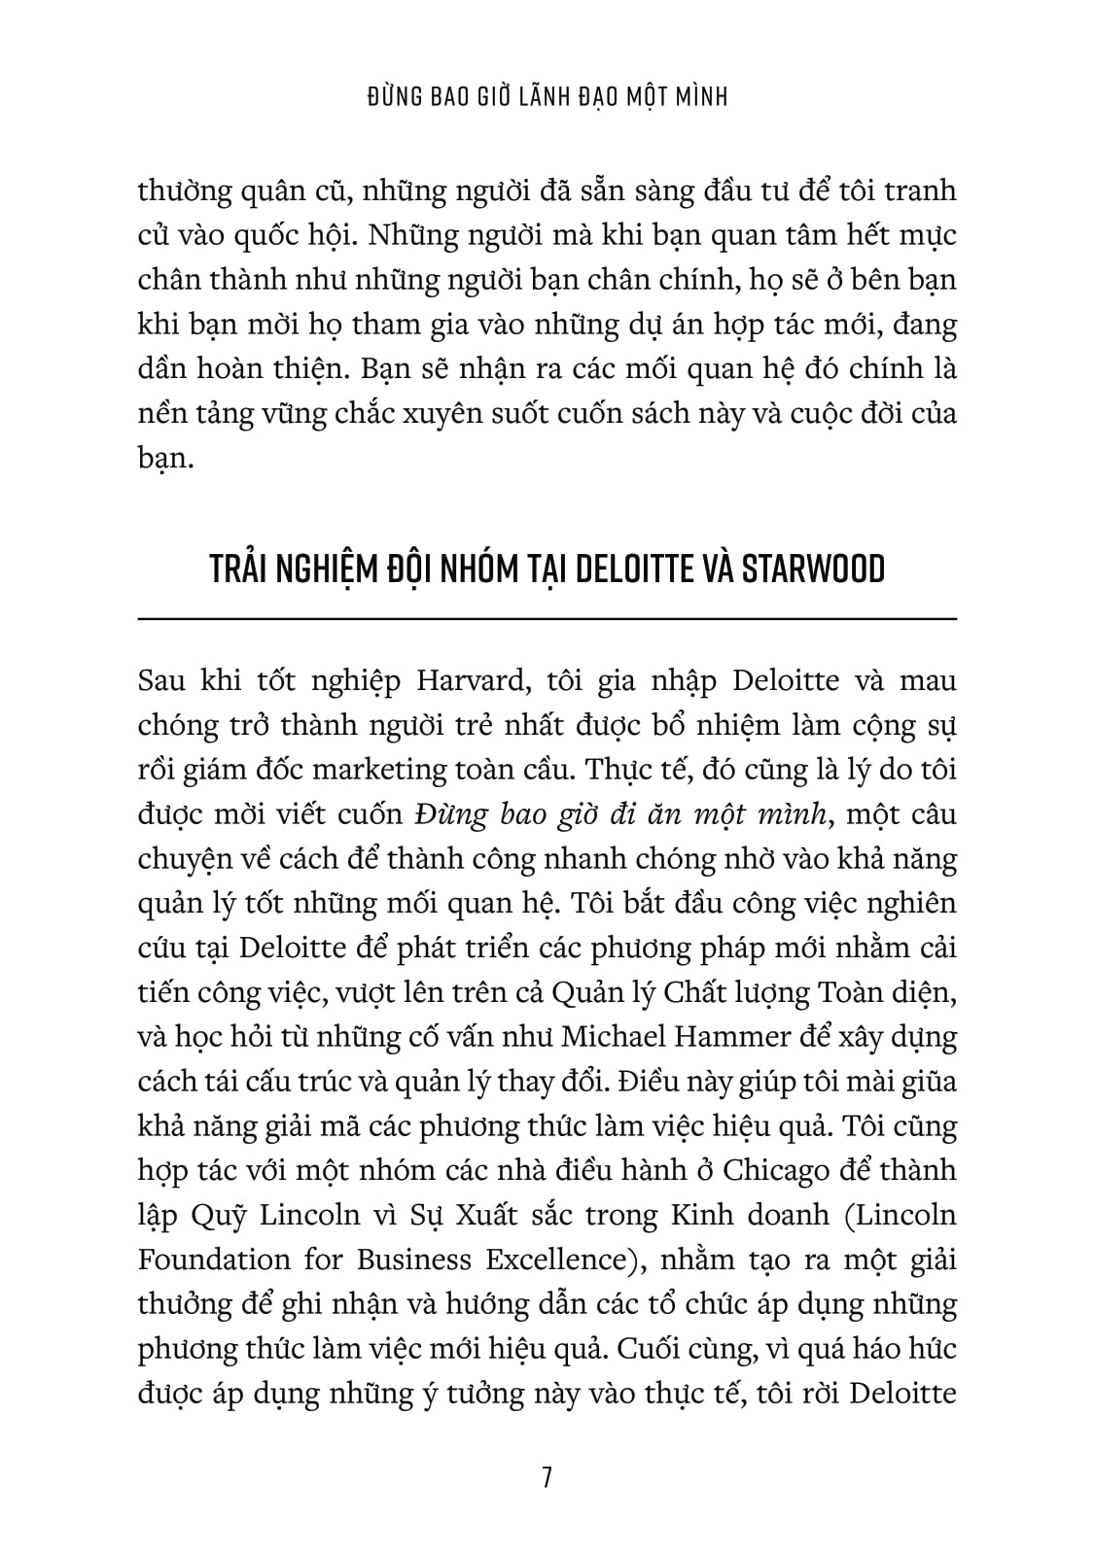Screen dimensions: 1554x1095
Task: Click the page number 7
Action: click(547, 1478)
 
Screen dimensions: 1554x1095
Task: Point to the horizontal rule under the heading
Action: click(547, 618)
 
